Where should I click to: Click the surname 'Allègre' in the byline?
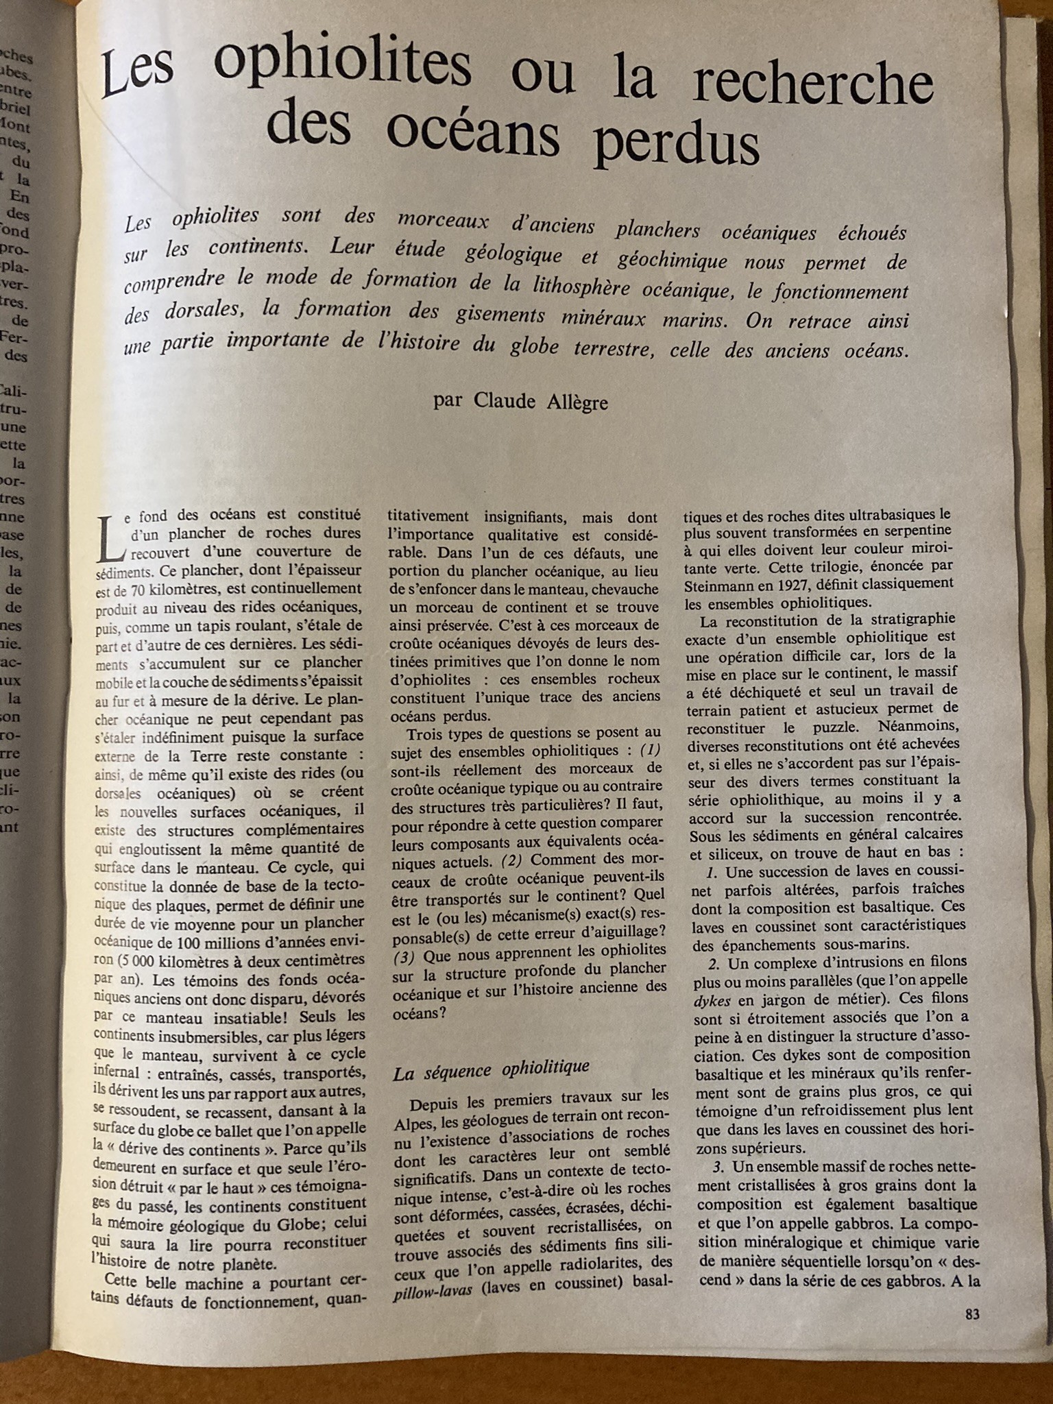point(575,402)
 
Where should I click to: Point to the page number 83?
point(972,1314)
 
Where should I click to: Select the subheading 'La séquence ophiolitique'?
point(492,1069)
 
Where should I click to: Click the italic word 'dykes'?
point(712,1000)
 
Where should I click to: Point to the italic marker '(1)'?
point(650,750)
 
